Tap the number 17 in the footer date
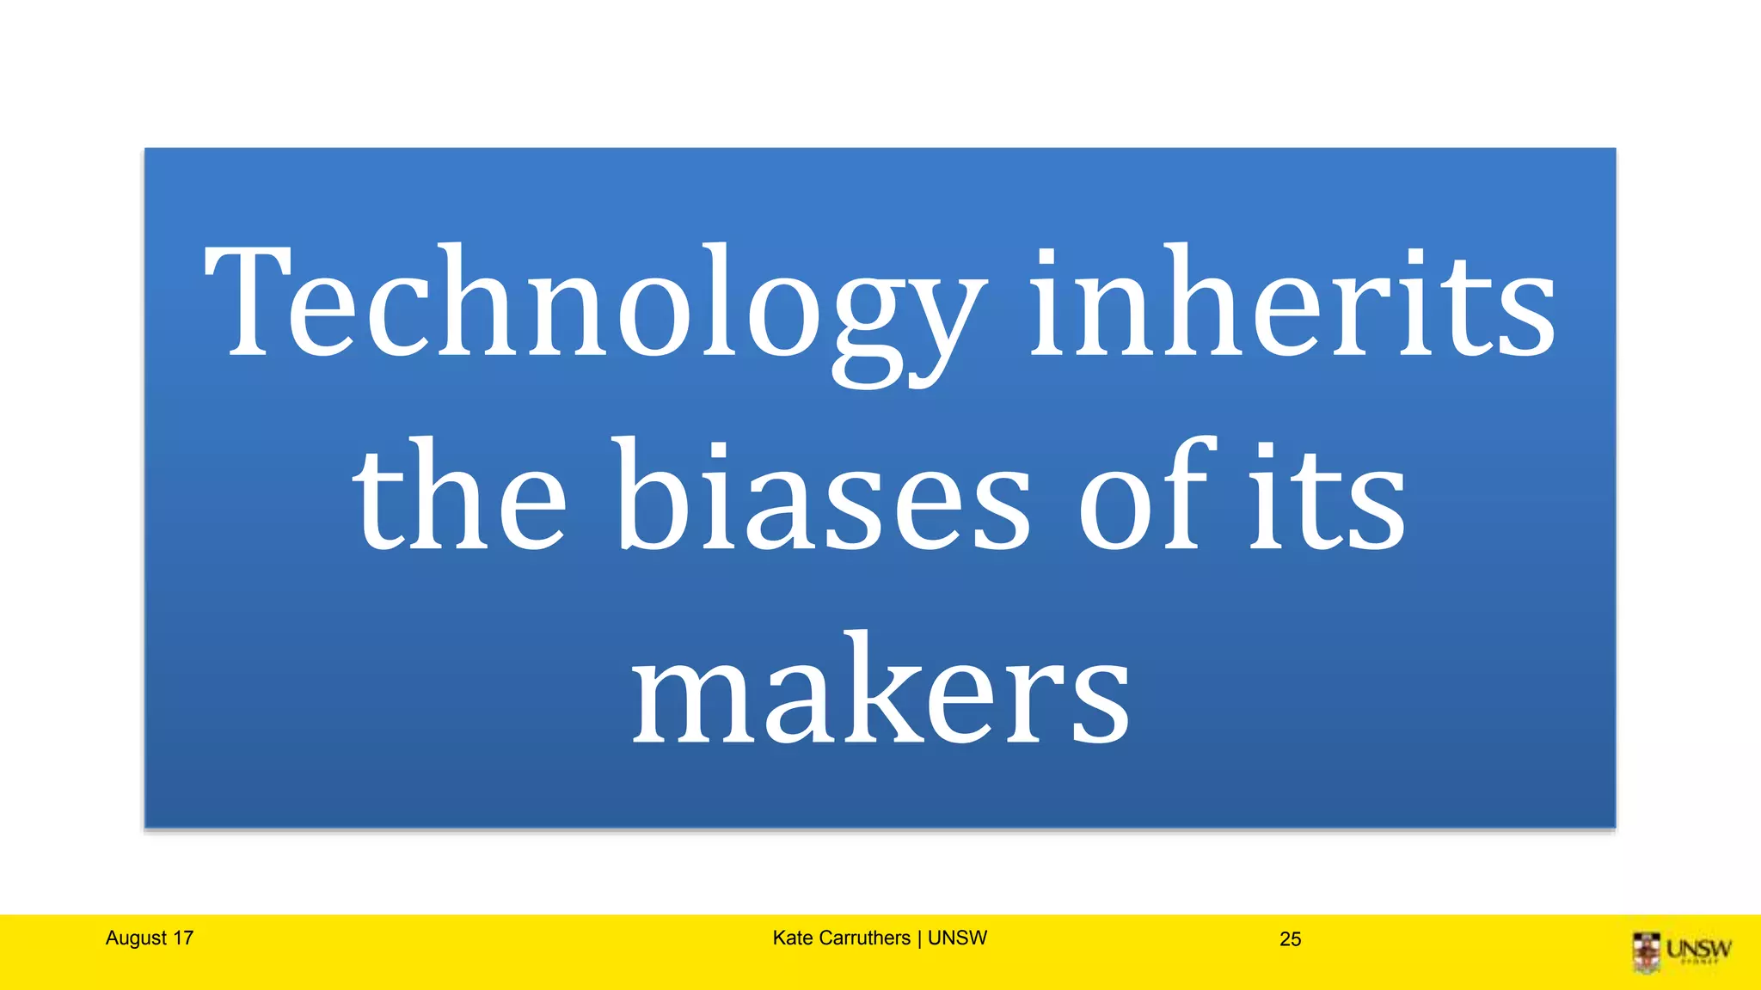182,938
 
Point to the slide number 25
1290,939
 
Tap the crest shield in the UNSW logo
1647,951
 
